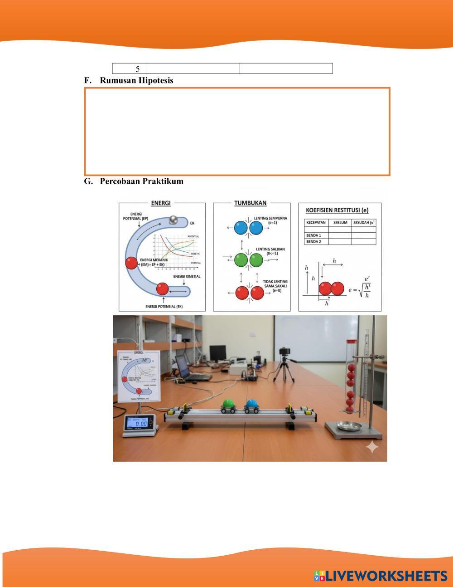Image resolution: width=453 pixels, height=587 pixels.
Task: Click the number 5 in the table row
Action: coord(137,69)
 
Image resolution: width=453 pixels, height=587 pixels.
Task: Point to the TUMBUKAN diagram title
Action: coord(250,203)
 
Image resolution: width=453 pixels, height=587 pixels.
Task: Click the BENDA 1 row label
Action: coord(314,235)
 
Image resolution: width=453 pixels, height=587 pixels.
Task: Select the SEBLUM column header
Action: coord(340,223)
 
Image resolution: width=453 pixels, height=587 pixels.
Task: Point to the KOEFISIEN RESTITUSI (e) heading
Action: coord(337,210)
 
